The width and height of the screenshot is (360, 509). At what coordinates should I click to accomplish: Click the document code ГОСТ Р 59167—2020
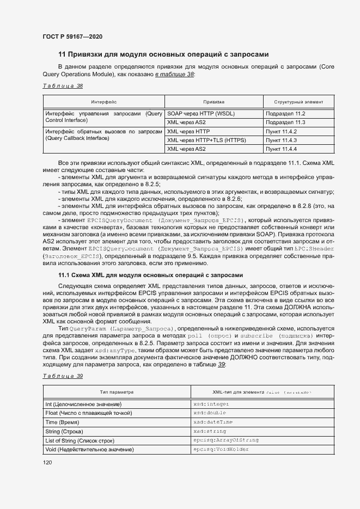72,36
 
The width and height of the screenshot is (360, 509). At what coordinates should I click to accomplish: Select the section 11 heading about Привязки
163,54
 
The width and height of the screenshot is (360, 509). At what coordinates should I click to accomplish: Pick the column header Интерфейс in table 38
103,101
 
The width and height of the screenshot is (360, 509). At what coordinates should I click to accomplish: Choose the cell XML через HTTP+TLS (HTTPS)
207,140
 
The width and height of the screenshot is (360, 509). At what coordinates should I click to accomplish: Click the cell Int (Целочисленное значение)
83,404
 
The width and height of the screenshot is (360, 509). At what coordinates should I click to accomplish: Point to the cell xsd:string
210,431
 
